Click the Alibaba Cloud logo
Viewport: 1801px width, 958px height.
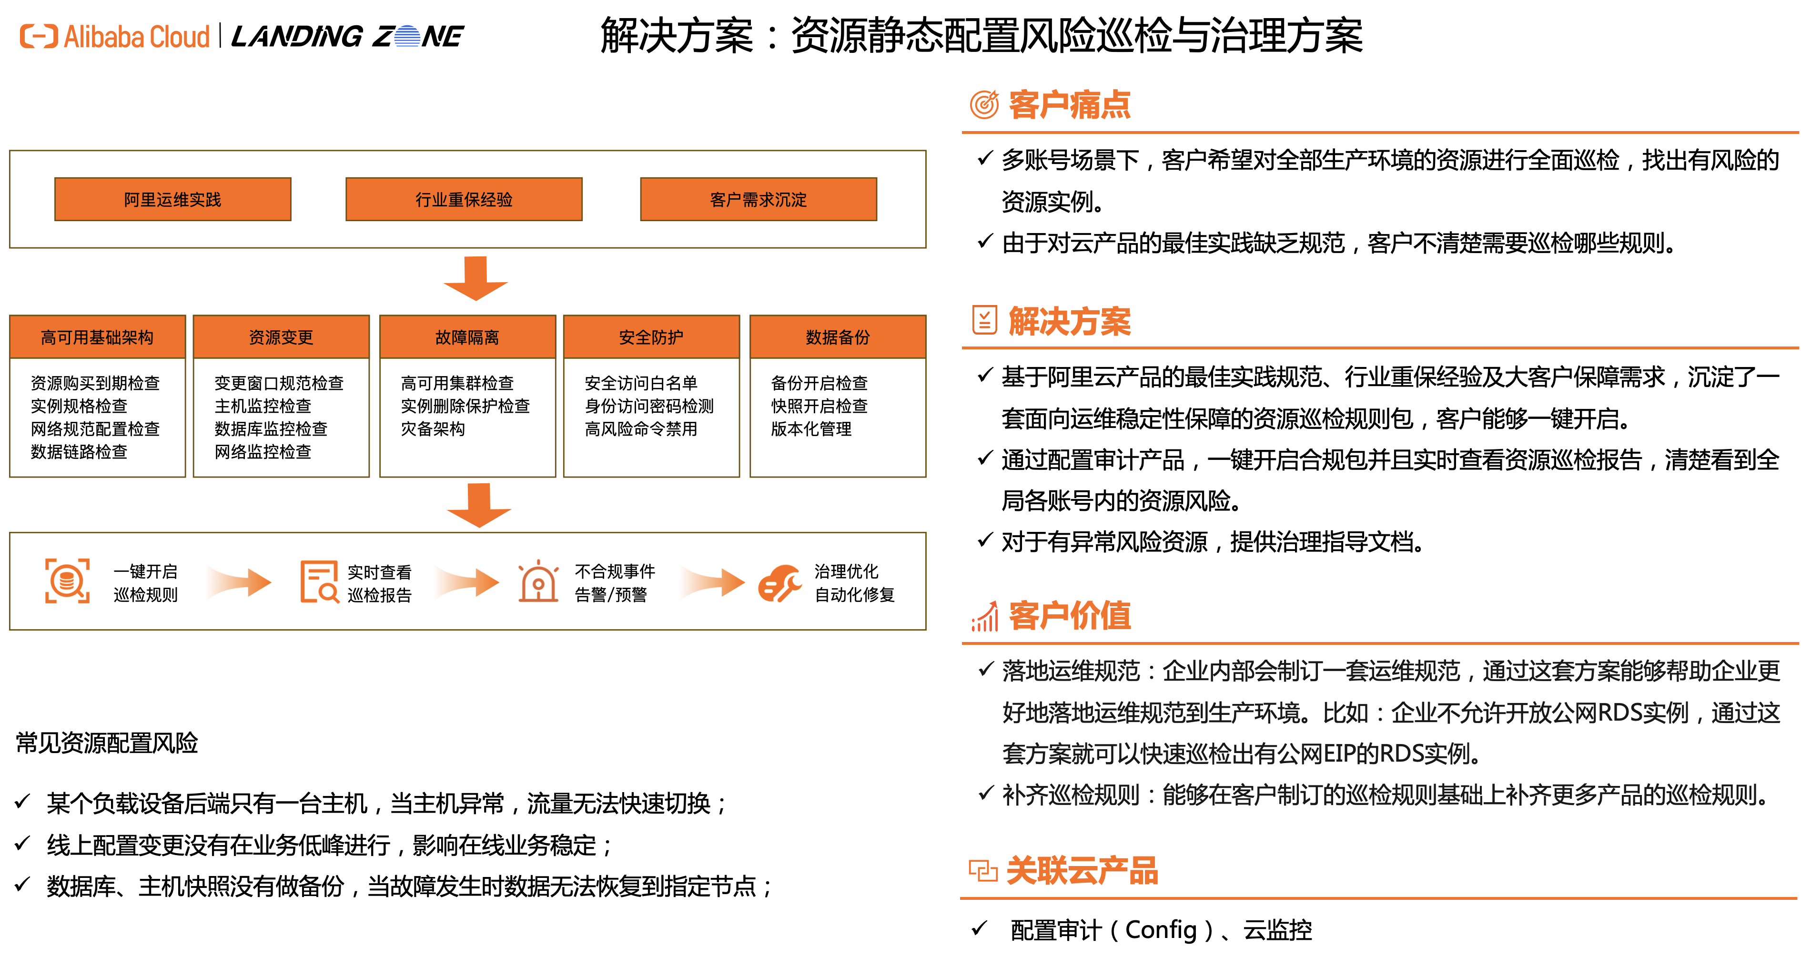(115, 36)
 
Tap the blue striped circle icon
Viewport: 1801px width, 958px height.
(407, 36)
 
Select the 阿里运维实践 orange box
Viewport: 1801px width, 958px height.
(172, 199)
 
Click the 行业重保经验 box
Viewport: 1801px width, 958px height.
(464, 199)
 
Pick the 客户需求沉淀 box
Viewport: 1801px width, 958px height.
(758, 199)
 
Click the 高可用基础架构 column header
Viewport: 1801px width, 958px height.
(97, 337)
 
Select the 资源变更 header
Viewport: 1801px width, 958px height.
(281, 337)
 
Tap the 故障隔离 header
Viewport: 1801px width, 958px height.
(467, 337)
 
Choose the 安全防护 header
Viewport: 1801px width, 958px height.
(651, 337)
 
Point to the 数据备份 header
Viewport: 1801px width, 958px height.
(838, 337)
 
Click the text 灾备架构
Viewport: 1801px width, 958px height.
(433, 428)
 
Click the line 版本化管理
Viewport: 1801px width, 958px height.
(811, 428)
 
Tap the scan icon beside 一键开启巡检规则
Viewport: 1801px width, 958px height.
(67, 581)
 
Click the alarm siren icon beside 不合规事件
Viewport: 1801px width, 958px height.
(537, 581)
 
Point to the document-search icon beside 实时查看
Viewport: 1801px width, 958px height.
(319, 581)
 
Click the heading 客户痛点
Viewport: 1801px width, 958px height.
(1069, 105)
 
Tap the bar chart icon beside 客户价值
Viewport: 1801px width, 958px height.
(984, 616)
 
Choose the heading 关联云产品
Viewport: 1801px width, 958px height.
(1081, 871)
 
